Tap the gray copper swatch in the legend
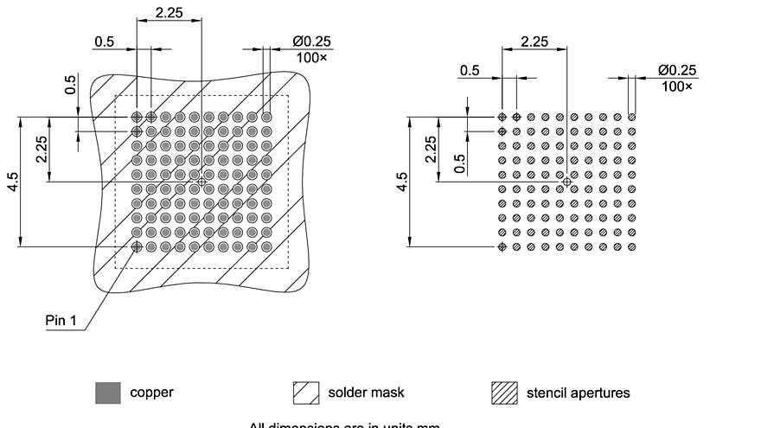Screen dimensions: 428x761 pos(107,393)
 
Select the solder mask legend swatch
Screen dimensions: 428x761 pos(306,393)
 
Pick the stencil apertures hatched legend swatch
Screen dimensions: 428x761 pos(504,393)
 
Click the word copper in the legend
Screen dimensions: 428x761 pos(151,393)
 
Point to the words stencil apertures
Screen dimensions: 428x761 pos(578,393)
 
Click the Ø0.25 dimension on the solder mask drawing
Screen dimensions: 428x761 pos(312,41)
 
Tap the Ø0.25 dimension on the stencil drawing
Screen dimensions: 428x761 pos(677,70)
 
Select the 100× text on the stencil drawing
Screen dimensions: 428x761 pos(677,86)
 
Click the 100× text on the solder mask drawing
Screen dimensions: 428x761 pos(312,56)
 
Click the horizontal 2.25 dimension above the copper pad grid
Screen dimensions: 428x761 pos(168,12)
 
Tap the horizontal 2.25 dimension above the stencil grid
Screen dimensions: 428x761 pos(534,41)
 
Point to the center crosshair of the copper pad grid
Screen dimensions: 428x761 pos(201,182)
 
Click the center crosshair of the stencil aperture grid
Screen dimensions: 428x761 pos(567,182)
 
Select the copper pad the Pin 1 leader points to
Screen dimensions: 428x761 pos(137,246)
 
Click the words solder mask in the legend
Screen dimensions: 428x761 pos(366,393)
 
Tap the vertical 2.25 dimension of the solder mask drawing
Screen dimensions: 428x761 pos(42,149)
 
